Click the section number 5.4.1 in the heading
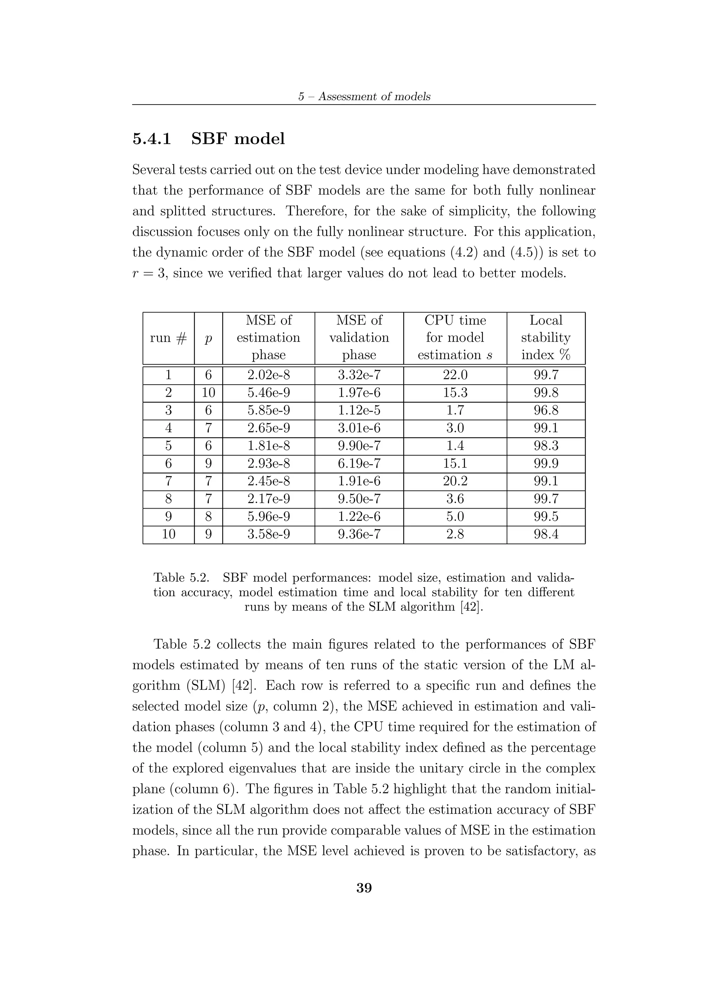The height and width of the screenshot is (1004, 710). (151, 139)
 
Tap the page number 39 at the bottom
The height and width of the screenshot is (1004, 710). (364, 888)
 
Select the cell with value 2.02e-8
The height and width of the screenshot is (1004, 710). (269, 375)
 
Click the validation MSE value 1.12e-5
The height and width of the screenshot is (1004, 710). (359, 411)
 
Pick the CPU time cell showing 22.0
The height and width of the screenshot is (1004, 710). (455, 375)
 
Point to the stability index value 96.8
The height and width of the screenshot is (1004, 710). (546, 411)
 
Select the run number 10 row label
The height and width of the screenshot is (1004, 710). (168, 534)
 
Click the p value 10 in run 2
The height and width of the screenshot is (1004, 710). (208, 393)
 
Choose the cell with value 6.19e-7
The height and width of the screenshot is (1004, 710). (359, 464)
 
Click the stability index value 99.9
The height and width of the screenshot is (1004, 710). (546, 464)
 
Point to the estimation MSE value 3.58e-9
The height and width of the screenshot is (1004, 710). (269, 534)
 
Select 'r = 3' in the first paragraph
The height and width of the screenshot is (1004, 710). (148, 273)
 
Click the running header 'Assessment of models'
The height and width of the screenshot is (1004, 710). (374, 97)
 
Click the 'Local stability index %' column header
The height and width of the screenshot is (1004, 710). (546, 337)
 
